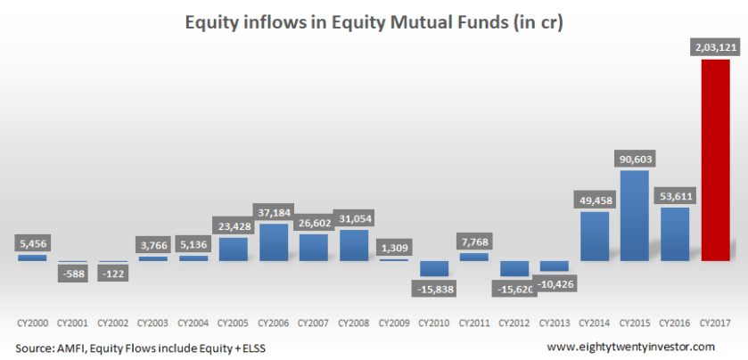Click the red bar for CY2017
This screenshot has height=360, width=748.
[x=715, y=160]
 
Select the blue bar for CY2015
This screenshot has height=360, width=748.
[x=634, y=216]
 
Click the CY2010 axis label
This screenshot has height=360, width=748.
[x=434, y=320]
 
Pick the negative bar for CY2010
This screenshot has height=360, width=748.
[x=434, y=268]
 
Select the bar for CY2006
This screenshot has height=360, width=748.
[x=273, y=242]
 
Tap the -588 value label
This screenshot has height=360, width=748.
[x=72, y=273]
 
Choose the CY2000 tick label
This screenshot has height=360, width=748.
[x=32, y=320]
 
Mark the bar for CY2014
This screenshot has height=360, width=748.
[x=594, y=236]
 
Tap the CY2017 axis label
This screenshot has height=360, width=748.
[x=715, y=320]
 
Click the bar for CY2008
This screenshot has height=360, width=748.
[x=354, y=245]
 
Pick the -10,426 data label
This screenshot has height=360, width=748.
[x=554, y=283]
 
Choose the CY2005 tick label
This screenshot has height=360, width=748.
[x=233, y=320]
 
